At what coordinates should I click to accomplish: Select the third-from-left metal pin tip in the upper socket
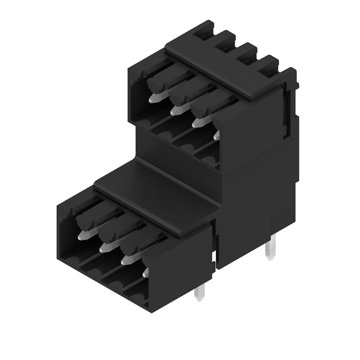pos(196,121)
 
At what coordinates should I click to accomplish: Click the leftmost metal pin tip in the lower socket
pos(82,234)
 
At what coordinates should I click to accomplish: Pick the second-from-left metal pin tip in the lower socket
pos(104,247)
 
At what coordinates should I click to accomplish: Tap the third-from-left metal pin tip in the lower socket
pos(126,259)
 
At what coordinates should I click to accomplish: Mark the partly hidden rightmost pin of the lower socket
pos(145,272)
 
